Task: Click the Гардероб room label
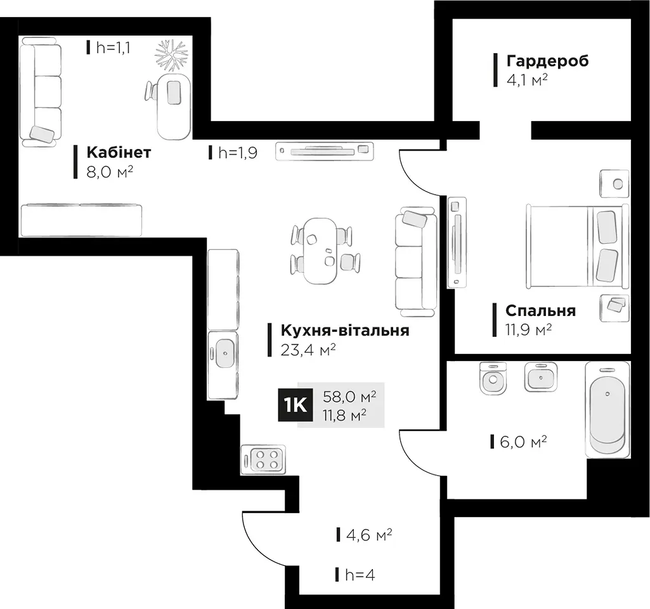point(547,61)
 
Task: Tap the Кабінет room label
point(119,152)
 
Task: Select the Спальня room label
point(540,310)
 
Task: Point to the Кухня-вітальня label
point(345,331)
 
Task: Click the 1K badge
point(296,405)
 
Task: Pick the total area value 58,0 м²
point(349,396)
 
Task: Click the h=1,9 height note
point(238,152)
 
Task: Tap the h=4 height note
point(360,575)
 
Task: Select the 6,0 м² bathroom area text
point(523,442)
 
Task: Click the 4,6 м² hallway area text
point(369,535)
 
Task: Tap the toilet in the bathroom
point(493,377)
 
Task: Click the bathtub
point(608,410)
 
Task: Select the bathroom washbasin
point(540,376)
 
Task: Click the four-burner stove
point(263,459)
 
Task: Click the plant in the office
point(171,55)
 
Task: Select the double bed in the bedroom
point(578,246)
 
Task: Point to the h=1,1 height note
point(113,48)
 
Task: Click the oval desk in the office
point(174,107)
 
